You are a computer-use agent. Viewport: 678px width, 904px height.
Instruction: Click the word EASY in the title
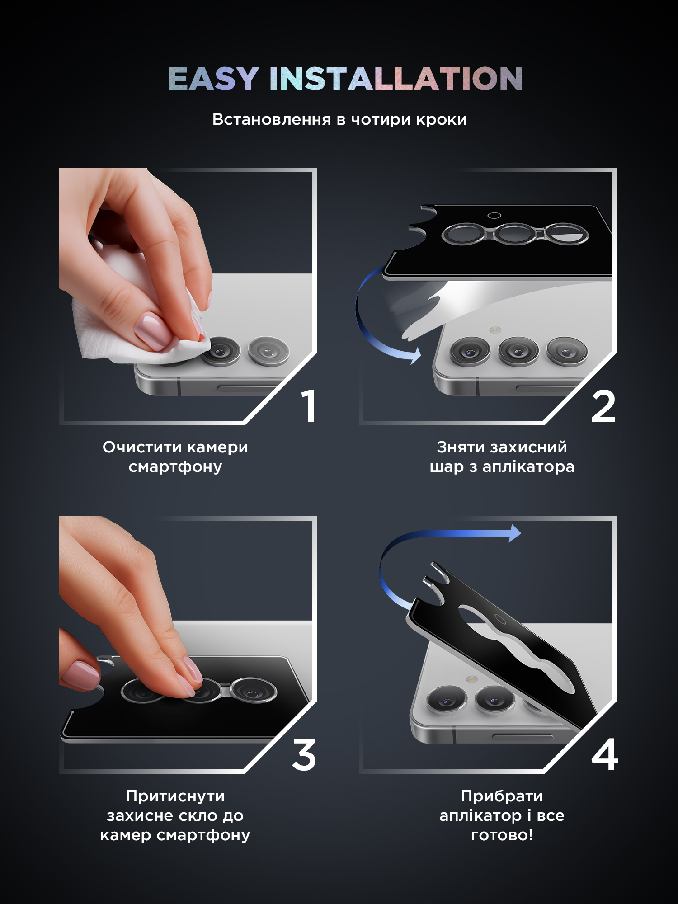213,79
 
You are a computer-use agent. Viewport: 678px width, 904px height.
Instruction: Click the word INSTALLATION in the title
396,79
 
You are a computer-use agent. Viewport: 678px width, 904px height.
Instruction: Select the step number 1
309,406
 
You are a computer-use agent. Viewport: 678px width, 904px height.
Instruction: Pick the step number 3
304,755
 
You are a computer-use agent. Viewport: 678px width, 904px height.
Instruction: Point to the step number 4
605,755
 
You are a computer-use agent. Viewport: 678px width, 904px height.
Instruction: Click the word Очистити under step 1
142,447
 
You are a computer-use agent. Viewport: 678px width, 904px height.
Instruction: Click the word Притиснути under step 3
175,796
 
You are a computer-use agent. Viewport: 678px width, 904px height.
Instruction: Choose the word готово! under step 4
502,835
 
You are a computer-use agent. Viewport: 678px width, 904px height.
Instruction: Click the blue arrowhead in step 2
415,356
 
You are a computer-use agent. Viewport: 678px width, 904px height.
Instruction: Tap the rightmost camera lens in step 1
268,351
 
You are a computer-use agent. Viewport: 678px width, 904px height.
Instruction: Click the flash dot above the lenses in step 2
495,330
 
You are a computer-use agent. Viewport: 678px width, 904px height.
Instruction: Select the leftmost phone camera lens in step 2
470,352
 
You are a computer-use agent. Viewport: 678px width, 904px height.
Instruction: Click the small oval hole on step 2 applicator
494,216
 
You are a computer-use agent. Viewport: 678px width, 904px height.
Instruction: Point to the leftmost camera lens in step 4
447,701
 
